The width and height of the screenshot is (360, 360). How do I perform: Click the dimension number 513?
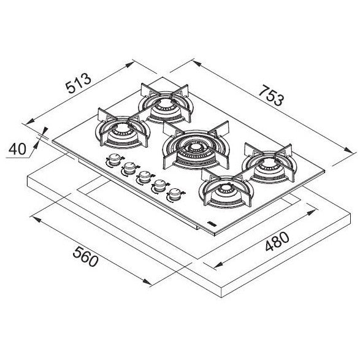pos(79,83)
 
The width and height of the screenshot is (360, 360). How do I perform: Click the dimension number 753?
pos(271,95)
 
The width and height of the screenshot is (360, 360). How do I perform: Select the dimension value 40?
pos(17,149)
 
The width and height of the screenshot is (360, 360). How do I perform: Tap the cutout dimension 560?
pos(86,256)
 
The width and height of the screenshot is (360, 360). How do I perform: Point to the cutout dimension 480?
pos(277,241)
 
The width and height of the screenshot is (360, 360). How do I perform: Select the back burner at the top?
pos(166,103)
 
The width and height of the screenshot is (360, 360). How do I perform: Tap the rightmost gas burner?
pos(269,163)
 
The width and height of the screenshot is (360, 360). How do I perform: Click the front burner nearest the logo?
pos(226,189)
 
